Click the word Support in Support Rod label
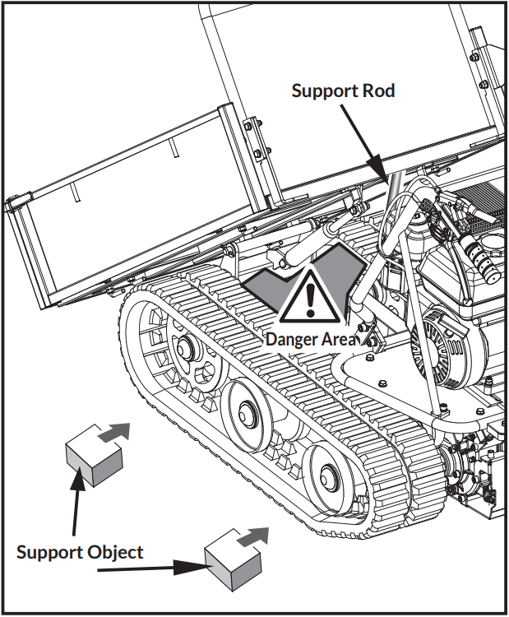pyautogui.click(x=320, y=90)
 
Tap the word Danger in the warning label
pyautogui.click(x=291, y=339)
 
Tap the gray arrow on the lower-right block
pyautogui.click(x=255, y=535)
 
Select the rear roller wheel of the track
pyautogui.click(x=327, y=473)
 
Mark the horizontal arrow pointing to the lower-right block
pyautogui.click(x=148, y=568)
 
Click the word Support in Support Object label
pyautogui.click(x=49, y=552)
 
